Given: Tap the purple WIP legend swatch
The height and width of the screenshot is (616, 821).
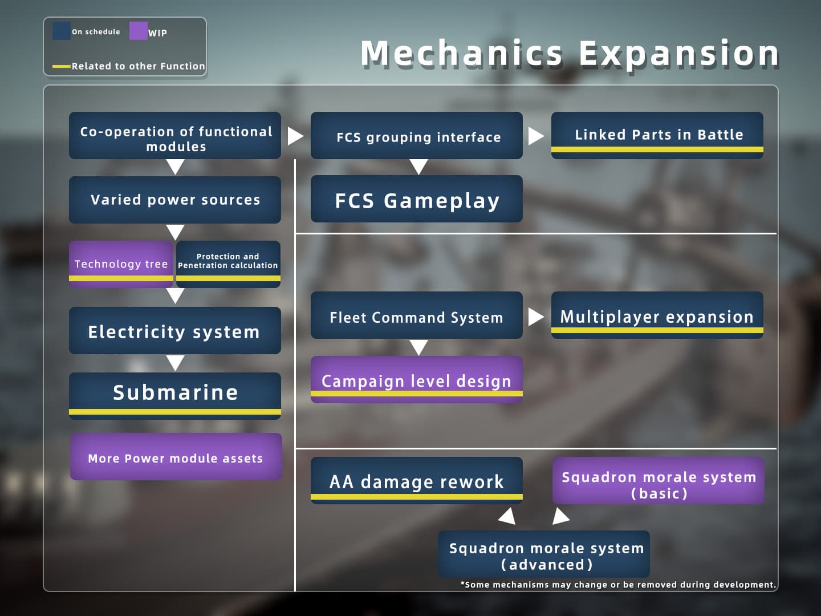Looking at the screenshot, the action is (138, 31).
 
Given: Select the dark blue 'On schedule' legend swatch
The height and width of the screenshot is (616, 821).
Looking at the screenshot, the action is (62, 31).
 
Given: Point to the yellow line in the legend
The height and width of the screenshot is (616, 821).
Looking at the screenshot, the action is (62, 67).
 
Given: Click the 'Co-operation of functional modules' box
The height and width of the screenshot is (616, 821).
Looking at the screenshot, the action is (175, 135).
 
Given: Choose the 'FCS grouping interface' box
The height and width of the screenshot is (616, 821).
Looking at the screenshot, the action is (417, 135).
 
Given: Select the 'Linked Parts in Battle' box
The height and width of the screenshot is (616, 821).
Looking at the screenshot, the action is (657, 135).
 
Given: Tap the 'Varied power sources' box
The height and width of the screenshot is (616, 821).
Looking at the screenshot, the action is (175, 200).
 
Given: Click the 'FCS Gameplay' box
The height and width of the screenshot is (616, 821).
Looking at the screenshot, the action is (417, 199).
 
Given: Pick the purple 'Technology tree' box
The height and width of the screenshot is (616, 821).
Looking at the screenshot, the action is (121, 264).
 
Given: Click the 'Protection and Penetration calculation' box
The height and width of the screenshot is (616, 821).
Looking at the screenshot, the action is (228, 264).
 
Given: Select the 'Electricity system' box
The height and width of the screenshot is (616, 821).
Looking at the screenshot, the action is (175, 331).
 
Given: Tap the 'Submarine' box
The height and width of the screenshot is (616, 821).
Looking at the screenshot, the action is (175, 396).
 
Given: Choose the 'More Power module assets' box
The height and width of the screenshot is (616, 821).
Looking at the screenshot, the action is (176, 457).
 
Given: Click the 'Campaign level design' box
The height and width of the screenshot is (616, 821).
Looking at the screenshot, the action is (417, 380).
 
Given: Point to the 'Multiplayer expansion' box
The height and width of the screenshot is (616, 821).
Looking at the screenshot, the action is (657, 315).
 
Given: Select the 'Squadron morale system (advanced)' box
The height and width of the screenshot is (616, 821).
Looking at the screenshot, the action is (544, 554).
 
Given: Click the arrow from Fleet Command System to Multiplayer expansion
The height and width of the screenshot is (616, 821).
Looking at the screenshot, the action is (535, 317).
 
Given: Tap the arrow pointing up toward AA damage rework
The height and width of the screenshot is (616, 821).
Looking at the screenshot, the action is (507, 516).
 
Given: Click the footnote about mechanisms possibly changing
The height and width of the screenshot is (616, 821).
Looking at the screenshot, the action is (618, 585).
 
